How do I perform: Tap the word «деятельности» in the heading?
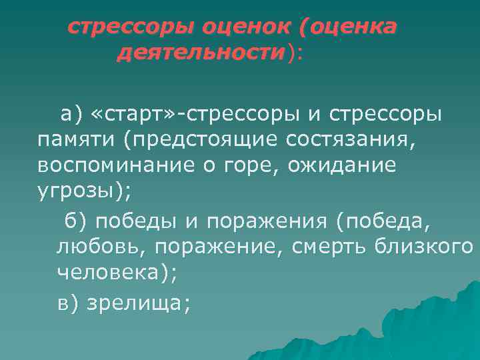[200, 53]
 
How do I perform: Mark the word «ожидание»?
[343, 165]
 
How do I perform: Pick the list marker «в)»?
[69, 302]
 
